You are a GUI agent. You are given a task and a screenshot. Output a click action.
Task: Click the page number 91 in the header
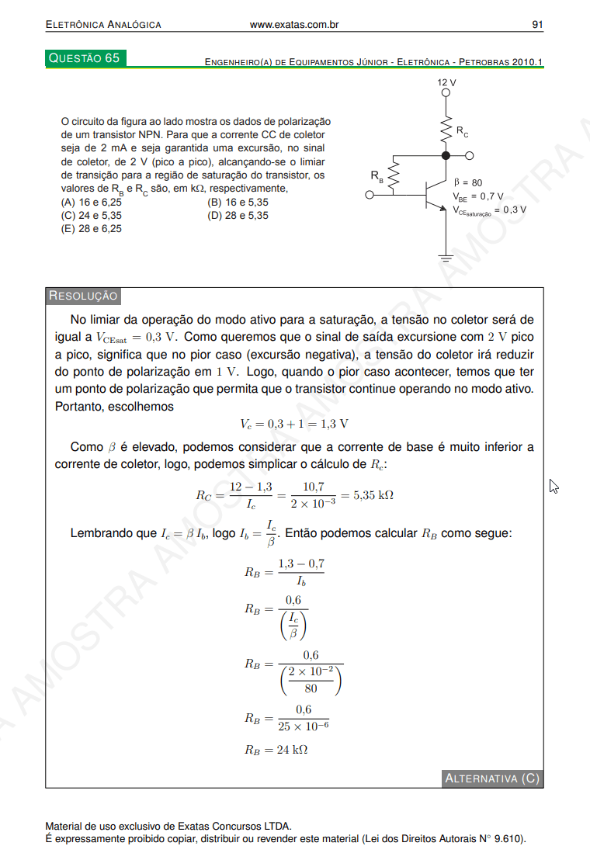point(536,25)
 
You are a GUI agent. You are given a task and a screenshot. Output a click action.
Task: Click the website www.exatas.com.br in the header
point(294,25)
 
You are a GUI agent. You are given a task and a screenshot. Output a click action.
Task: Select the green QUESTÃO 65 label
point(85,58)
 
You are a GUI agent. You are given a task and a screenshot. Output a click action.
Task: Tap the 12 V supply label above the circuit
point(446,81)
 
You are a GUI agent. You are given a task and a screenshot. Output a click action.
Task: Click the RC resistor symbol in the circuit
point(446,130)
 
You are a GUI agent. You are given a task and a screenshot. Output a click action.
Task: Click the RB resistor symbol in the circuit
point(393,176)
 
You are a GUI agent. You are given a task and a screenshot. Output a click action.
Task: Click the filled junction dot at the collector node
point(446,156)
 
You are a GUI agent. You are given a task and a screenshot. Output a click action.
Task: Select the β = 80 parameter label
point(467,183)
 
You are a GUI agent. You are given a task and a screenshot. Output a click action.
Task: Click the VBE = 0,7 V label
point(477,196)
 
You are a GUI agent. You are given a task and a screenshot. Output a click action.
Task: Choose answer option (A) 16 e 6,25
point(92,202)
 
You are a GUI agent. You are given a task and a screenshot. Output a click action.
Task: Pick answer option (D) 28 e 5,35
point(238,215)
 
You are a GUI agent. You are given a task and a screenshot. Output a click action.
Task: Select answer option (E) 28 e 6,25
point(92,229)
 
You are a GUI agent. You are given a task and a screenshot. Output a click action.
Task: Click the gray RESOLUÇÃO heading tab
point(83,296)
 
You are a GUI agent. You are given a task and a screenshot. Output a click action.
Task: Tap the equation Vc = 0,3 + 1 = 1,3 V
point(293,424)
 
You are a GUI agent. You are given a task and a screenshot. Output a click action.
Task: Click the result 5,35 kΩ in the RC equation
point(373,495)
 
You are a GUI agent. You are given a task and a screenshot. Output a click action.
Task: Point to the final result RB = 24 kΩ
point(276,750)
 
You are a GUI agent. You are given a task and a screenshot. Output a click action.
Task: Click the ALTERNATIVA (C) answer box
point(491,778)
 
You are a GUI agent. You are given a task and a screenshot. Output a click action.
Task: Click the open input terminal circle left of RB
point(370,196)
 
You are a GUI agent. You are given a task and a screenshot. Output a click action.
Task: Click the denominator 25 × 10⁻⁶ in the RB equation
point(304,726)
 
